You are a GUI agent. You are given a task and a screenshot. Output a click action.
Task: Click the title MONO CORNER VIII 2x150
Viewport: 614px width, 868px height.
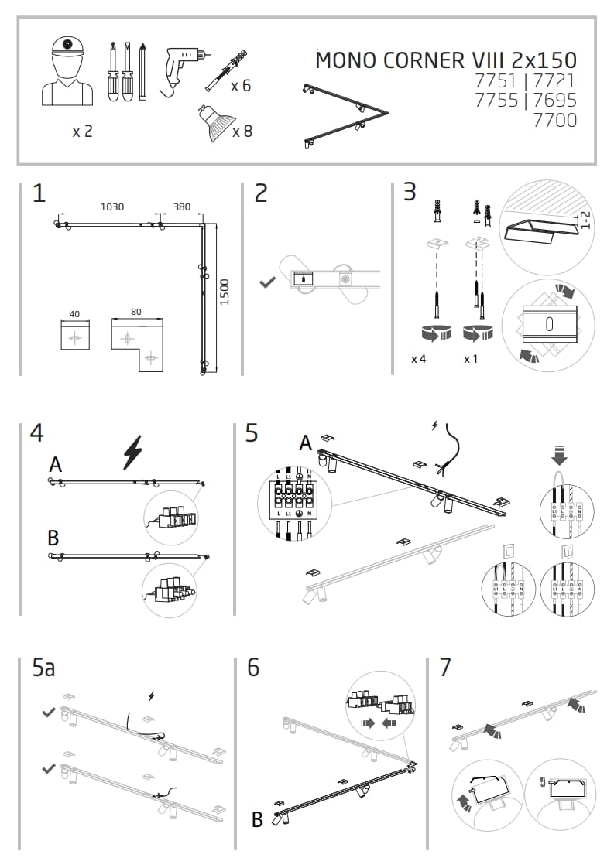coord(446,60)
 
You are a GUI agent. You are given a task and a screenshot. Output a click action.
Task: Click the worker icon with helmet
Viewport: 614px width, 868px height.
coord(67,71)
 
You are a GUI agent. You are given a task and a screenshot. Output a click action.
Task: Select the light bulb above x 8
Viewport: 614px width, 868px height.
coord(213,122)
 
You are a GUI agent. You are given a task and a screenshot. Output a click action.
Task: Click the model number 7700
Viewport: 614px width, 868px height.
coord(555,120)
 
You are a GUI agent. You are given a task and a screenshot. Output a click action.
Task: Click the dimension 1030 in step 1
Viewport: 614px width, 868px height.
coord(112,207)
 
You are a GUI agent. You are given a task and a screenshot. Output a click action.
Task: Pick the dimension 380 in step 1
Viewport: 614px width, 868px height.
coord(181,207)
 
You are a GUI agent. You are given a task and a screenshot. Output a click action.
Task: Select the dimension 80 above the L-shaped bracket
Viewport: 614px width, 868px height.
coord(136,312)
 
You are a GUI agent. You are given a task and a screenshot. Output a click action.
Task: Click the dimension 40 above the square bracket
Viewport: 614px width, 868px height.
coord(74,314)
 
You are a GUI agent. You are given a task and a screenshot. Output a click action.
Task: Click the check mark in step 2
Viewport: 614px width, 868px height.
coord(267,283)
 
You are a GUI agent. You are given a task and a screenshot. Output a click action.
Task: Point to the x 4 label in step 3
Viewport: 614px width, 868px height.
coord(419,360)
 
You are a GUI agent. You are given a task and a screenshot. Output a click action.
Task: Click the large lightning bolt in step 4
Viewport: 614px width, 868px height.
coord(133,453)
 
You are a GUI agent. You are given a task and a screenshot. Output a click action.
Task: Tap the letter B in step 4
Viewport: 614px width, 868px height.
coord(53,538)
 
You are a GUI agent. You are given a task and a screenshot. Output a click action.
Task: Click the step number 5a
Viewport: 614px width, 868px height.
coord(43,668)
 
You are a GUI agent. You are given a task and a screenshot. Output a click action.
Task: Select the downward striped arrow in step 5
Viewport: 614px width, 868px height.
coord(560,454)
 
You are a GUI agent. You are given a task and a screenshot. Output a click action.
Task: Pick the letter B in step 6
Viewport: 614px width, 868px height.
coord(258,819)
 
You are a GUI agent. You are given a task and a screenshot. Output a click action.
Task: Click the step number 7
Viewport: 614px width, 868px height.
coord(444,667)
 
